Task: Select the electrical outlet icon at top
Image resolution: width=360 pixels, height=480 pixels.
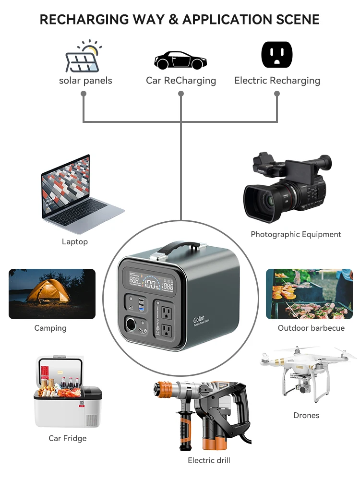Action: [x=277, y=55]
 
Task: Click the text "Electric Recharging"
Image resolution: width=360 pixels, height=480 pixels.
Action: [x=277, y=81]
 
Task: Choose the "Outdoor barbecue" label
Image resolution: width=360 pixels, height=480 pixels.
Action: [x=311, y=328]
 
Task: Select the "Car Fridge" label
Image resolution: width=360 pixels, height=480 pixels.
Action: [x=68, y=438]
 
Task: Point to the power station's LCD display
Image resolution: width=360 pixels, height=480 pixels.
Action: [x=152, y=283]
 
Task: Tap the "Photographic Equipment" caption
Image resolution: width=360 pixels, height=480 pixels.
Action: [x=296, y=235]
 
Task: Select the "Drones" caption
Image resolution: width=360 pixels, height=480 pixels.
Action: [x=306, y=415]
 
